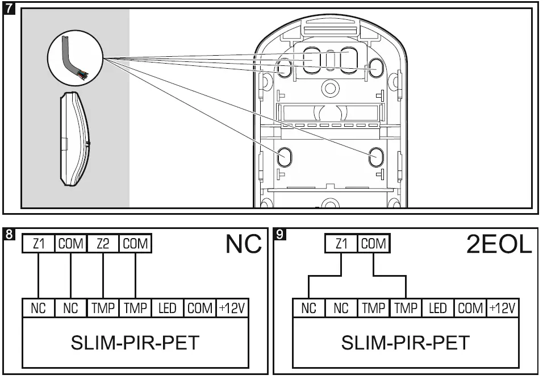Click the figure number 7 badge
point(9,9)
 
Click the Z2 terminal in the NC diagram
point(103,244)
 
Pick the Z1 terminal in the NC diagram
point(38,244)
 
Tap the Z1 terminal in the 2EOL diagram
point(341,244)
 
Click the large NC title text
point(244,244)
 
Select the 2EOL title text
point(499,244)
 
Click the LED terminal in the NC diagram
point(167,309)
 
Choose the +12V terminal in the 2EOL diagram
point(503,309)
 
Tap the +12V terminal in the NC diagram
point(232,309)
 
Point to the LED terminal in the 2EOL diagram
point(437,309)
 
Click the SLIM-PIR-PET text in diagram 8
point(135,343)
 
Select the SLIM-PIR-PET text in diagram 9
point(406,343)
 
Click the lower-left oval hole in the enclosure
point(285,156)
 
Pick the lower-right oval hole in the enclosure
point(375,156)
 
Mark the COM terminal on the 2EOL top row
point(374,244)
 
